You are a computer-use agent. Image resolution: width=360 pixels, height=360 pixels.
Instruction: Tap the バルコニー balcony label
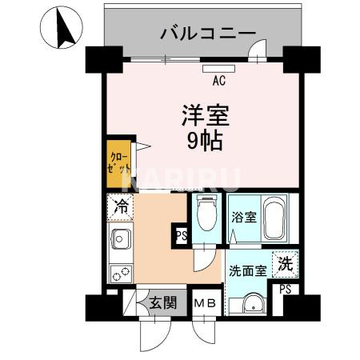207,33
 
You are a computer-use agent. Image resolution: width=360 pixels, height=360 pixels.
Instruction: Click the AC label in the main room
218,80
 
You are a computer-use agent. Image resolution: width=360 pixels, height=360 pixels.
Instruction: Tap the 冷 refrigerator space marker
121,206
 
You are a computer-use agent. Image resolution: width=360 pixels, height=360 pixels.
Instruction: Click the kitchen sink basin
122,238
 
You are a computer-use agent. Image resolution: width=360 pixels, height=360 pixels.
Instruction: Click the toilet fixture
206,214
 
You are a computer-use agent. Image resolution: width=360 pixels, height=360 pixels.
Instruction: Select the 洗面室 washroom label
247,270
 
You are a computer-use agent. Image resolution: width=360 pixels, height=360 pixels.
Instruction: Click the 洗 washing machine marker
285,261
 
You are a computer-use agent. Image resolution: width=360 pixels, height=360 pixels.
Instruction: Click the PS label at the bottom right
285,290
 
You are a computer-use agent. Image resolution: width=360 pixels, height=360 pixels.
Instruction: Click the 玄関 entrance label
162,303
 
